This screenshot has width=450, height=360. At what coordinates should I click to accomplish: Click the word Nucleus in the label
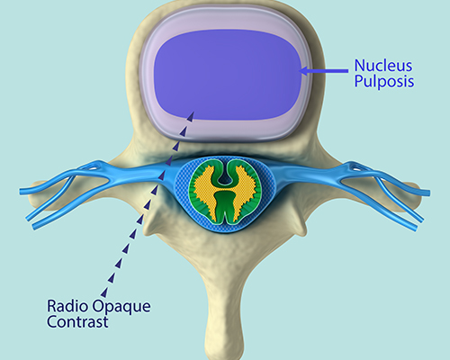pos(383,65)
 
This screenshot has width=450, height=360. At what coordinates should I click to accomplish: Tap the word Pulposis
pos(384,81)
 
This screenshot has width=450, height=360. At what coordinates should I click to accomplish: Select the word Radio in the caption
pos(67,306)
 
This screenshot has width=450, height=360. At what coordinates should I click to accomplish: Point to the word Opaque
pos(121,307)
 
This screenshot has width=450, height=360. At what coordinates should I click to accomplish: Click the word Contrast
pos(77,321)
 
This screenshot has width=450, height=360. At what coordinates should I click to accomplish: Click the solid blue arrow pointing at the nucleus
pos(324,71)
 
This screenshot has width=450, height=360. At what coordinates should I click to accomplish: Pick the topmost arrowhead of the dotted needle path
pos(191,116)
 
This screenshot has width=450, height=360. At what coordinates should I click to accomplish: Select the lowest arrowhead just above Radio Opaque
pos(104,292)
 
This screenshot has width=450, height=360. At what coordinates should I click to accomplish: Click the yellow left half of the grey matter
pos(204,192)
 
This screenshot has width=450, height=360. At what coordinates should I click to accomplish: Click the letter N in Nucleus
pos(359,66)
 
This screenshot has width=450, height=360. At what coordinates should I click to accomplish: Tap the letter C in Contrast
pos(52,322)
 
